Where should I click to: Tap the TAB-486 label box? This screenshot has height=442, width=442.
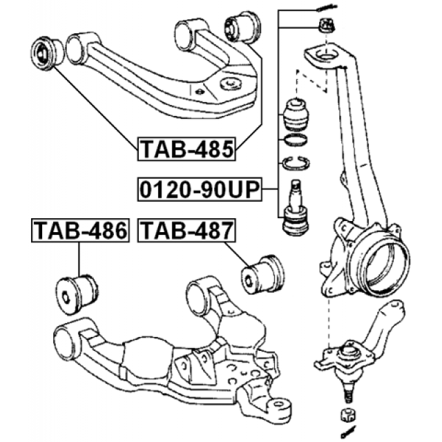pos(80,231)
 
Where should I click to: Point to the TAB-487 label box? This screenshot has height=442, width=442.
pos(186,231)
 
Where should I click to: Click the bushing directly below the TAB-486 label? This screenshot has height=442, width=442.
pos(78,290)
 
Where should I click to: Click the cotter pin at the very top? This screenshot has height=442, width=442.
pos(325,8)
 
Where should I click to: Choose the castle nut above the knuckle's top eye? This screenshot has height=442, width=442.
pos(325,27)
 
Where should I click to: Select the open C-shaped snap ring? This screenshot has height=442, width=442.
pos(296,164)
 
